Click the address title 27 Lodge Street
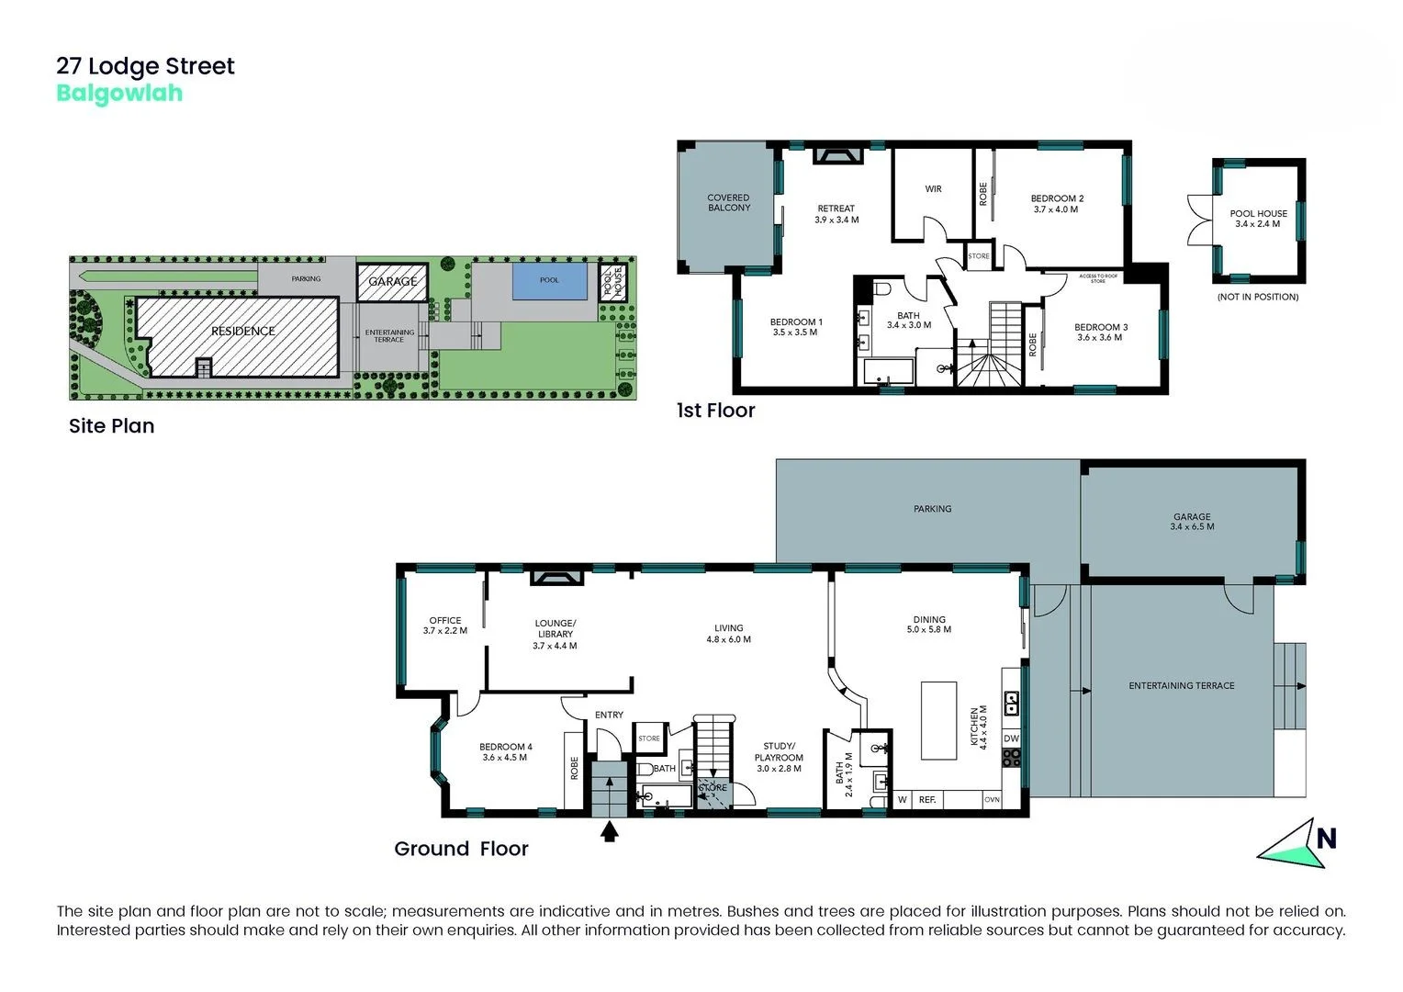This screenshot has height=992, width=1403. [x=145, y=66]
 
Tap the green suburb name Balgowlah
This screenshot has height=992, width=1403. [x=119, y=93]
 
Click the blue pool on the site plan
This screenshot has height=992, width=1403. [x=549, y=280]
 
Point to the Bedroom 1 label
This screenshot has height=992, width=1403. [x=795, y=327]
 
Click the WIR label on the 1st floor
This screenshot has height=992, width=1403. [x=933, y=189]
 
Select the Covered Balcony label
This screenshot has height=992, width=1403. [x=728, y=203]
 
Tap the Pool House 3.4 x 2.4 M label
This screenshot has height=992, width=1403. [x=1258, y=219]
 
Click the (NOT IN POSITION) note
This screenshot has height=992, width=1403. [x=1257, y=297]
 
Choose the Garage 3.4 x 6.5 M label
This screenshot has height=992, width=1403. [x=1192, y=522]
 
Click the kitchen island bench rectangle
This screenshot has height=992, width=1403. [x=938, y=720]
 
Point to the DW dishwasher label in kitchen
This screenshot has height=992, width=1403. [x=1011, y=738]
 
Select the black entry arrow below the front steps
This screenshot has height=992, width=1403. [x=609, y=832]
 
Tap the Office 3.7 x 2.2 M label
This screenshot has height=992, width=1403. [x=445, y=626]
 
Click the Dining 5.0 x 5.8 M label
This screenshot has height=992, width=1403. [x=929, y=625]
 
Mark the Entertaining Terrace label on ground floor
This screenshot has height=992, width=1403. [x=1181, y=685]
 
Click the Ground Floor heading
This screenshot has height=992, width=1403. [x=461, y=849]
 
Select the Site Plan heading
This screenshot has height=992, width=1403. [x=111, y=426]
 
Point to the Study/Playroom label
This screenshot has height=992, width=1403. [x=779, y=757]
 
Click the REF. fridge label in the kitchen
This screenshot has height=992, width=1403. [x=927, y=800]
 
